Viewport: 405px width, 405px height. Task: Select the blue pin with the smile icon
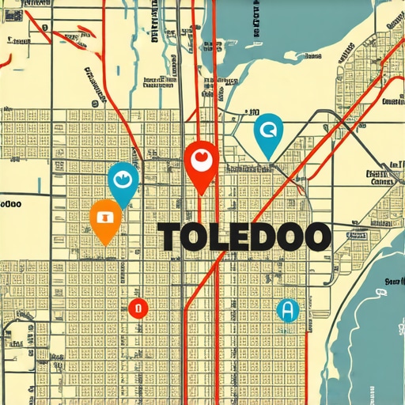click(123, 180)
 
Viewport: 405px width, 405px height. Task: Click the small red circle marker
click(138, 308)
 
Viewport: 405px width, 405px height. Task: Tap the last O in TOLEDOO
click(316, 237)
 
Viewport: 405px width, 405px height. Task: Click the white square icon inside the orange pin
click(105, 215)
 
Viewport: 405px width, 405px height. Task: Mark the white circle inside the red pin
click(201, 159)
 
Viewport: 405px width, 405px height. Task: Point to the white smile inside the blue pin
click(123, 178)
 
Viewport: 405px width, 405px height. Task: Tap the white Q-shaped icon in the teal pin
click(268, 129)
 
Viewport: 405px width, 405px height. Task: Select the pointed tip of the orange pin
click(105, 244)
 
